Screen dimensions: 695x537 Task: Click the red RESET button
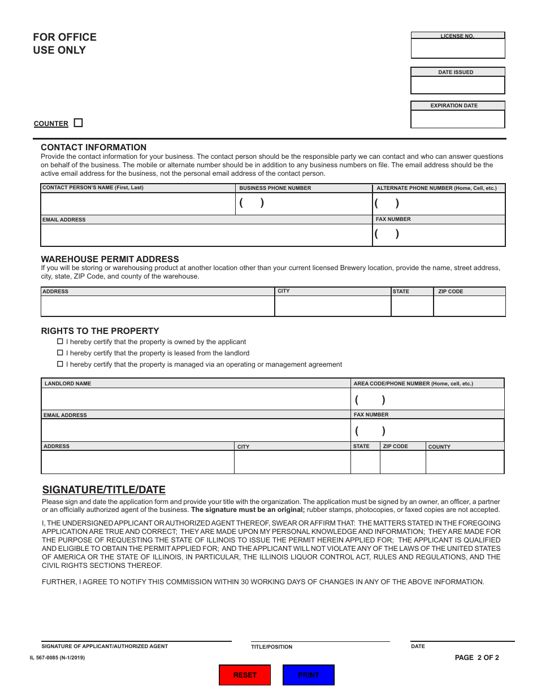(245, 675)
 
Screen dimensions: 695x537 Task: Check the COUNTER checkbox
(79, 123)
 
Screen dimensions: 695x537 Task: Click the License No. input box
(457, 49)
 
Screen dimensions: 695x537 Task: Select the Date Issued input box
(457, 85)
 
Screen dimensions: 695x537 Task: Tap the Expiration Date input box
(457, 119)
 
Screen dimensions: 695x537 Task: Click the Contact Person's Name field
(137, 203)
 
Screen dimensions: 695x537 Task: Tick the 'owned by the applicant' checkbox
(60, 342)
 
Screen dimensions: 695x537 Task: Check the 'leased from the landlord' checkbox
(60, 353)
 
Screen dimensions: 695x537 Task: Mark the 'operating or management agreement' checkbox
(60, 364)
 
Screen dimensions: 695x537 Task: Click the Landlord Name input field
(196, 399)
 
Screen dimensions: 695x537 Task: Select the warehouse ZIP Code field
(469, 306)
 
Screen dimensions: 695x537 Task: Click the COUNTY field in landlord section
(465, 462)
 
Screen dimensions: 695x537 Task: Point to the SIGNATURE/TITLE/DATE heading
(104, 490)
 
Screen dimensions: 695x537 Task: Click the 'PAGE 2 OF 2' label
(477, 657)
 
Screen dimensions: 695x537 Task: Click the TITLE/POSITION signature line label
(272, 647)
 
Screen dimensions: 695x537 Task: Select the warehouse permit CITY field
(332, 306)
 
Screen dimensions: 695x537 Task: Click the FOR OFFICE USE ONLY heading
(64, 44)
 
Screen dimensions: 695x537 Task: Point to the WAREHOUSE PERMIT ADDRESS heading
(110, 259)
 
